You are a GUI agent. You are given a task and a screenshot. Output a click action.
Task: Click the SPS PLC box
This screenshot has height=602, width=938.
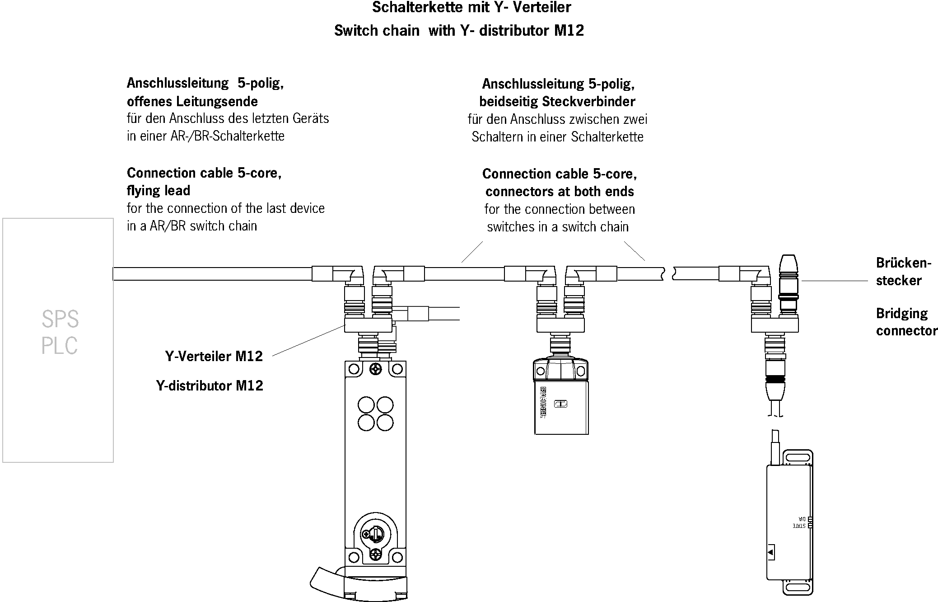58,340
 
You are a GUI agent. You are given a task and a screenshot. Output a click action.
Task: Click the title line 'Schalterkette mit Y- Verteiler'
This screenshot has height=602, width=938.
471,8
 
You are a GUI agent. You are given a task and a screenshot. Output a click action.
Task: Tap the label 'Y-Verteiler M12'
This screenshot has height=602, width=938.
214,356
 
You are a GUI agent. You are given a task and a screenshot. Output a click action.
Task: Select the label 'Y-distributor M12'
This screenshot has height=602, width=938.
210,386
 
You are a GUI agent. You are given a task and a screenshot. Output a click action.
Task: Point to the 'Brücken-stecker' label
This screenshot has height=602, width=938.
903,271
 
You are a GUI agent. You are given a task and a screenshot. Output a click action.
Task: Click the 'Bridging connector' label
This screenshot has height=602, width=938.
906,322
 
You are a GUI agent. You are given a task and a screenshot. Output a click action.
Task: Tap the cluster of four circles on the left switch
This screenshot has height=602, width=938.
375,413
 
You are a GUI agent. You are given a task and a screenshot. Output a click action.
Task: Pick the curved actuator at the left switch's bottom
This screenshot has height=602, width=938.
327,580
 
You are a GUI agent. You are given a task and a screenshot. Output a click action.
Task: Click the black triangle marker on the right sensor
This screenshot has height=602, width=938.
771,552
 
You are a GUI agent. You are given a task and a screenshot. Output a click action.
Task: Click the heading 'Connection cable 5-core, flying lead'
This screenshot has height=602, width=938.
204,182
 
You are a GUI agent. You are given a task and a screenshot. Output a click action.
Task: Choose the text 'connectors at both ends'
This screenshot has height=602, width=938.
560,192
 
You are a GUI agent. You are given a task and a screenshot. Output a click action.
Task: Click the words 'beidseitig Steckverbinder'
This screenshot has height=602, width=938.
557,102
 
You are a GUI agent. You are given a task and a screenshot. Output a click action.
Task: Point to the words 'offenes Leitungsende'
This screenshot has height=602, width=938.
192,101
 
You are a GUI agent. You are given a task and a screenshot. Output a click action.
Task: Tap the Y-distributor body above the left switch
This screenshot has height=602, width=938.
368,325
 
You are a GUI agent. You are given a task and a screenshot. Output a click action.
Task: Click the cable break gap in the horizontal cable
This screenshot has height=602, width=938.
669,274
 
